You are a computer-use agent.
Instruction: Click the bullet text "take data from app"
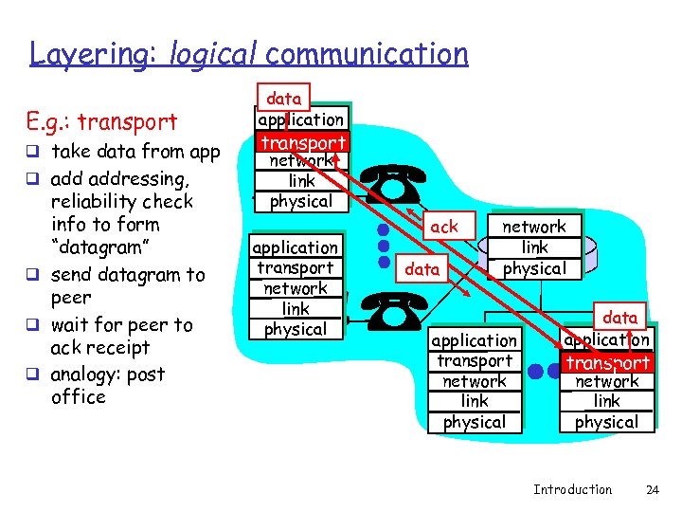pos(135,152)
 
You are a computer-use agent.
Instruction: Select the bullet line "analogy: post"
pos(108,374)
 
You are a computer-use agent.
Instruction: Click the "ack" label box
pos(443,227)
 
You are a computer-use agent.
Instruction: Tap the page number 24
pos(651,489)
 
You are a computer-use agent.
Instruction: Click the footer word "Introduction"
pos(572,489)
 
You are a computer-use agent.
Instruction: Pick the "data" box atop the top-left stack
pos(283,98)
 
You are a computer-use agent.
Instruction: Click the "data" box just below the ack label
pos(422,269)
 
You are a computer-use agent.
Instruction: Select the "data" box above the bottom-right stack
pos(620,318)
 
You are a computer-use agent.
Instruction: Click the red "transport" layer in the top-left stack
pos(302,142)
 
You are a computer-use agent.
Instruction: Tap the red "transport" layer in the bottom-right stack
pos(607,362)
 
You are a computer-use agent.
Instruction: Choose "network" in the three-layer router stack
pos(533,227)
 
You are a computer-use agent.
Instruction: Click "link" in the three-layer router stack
pos(533,247)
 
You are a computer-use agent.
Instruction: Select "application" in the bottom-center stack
pos(475,340)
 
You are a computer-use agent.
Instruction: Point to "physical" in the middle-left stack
pos(296,329)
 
